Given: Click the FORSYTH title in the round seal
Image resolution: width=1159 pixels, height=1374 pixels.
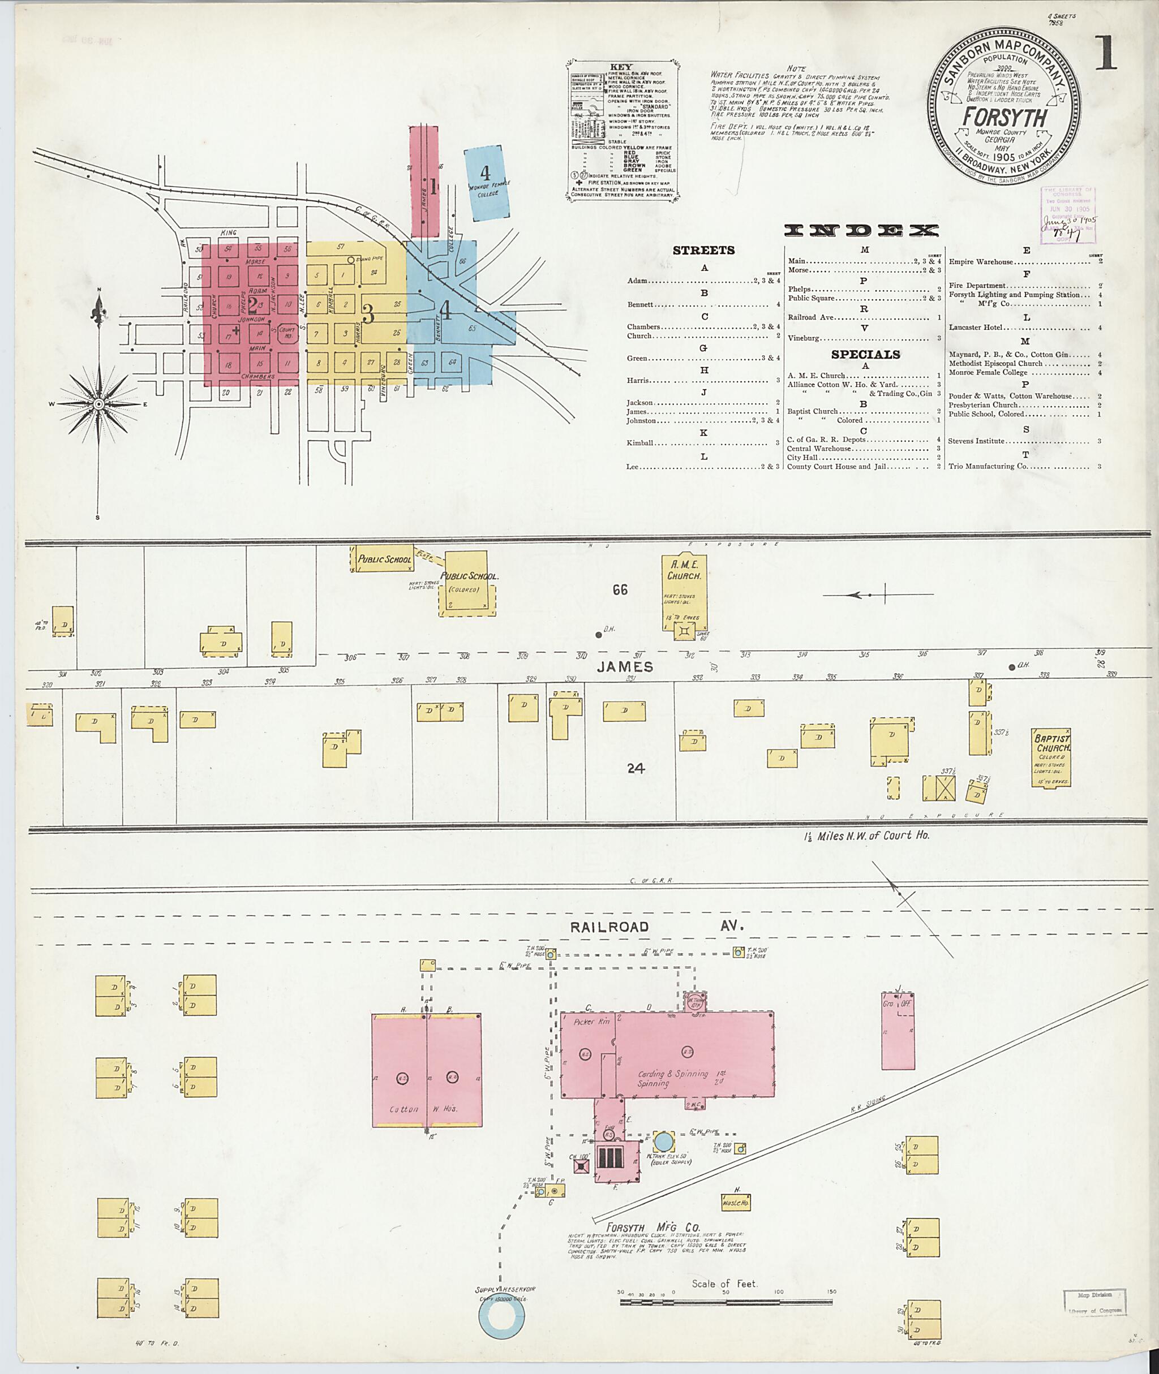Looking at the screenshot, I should tap(1005, 118).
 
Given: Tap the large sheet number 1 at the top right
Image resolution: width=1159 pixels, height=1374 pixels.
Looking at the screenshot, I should tap(1106, 52).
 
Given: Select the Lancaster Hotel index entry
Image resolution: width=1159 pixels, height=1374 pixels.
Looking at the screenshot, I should tap(976, 327).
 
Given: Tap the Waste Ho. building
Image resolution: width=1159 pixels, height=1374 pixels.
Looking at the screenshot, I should tap(735, 1203).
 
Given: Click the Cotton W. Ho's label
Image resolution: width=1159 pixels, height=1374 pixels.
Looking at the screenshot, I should tap(428, 1109).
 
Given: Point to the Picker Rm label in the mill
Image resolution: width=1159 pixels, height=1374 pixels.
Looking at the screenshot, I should tap(592, 1022).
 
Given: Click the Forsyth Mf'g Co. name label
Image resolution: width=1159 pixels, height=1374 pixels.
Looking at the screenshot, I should tap(653, 1227).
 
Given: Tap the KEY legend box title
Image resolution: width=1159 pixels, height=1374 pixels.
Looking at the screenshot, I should tap(621, 66).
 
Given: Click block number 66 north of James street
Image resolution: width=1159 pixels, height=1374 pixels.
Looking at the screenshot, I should tap(620, 590).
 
